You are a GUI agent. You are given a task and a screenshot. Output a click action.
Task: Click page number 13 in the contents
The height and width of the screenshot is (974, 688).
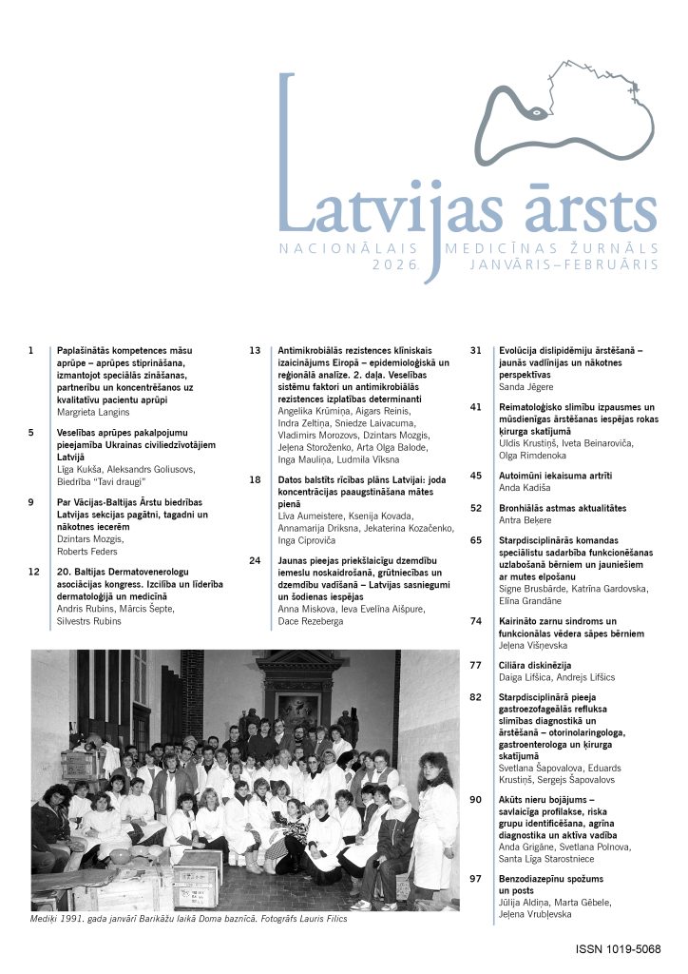(255, 350)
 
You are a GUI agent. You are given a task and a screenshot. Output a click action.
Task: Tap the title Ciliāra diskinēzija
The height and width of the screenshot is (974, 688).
(540, 664)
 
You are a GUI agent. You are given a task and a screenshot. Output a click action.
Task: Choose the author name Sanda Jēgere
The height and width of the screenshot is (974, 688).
(529, 388)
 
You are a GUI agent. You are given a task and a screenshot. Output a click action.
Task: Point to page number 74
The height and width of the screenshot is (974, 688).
(477, 620)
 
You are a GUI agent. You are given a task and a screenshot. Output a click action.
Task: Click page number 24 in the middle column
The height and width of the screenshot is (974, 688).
(255, 560)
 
